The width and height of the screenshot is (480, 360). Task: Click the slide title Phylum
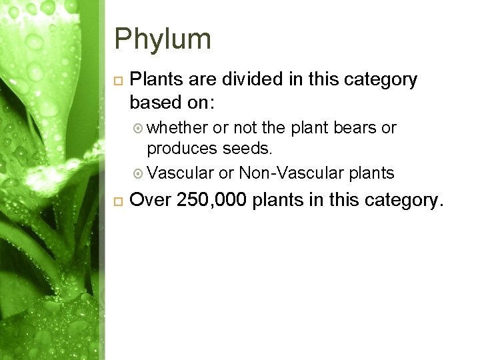[163, 39]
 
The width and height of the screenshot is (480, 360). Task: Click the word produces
[182, 148]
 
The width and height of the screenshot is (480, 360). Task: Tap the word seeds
[247, 148]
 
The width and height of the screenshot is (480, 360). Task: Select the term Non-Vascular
[290, 173]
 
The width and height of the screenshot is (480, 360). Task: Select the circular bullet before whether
[138, 128]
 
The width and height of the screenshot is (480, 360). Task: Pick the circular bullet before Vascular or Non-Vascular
[138, 174]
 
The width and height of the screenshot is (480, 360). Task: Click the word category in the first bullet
[379, 80]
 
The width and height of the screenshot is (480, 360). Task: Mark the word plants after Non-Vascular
[372, 173]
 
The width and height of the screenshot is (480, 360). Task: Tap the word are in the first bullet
[199, 80]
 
